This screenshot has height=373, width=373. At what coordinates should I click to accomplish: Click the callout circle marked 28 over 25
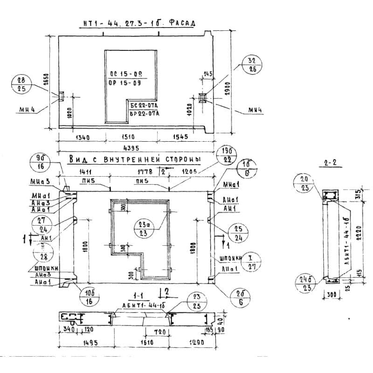(21, 84)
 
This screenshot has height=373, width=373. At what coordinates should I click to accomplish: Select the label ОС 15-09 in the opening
(125, 74)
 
